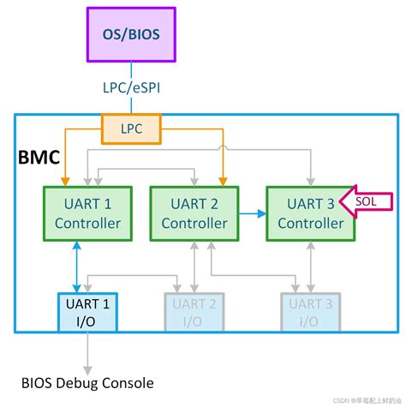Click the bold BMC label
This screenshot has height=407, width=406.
(39, 157)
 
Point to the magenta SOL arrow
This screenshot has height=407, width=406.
(361, 202)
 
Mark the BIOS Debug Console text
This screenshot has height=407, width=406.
(88, 381)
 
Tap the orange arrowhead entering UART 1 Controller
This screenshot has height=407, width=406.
(65, 181)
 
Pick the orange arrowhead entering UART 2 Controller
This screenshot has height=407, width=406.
(223, 181)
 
